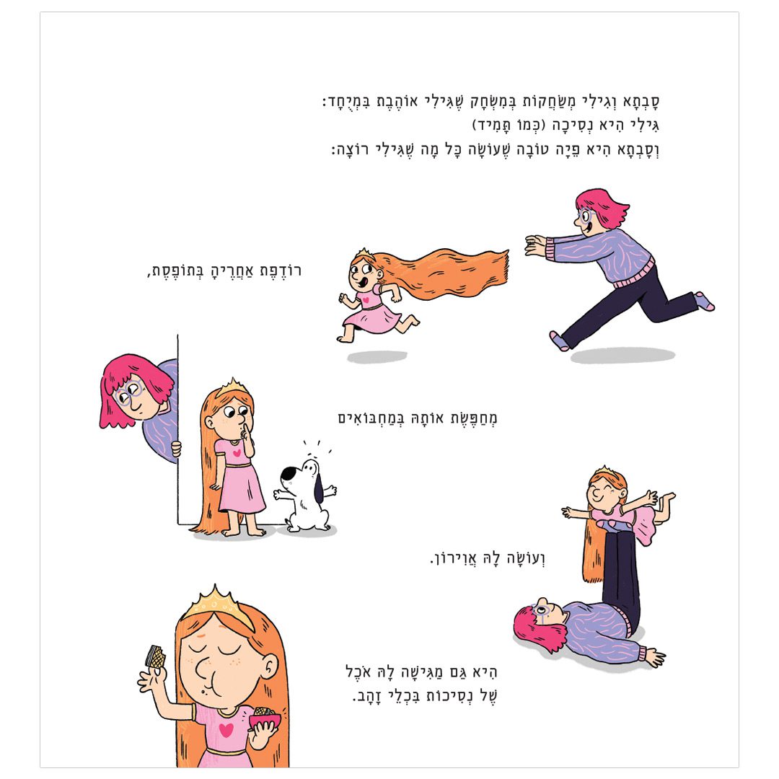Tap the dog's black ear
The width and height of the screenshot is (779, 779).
[319, 489]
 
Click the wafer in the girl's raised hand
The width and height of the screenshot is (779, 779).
[156, 657]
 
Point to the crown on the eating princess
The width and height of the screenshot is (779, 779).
[216, 606]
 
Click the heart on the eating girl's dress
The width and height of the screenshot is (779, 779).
[226, 730]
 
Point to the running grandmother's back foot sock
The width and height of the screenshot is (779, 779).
[704, 301]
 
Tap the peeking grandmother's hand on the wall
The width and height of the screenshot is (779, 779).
[176, 449]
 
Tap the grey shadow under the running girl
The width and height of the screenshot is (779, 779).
[377, 356]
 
